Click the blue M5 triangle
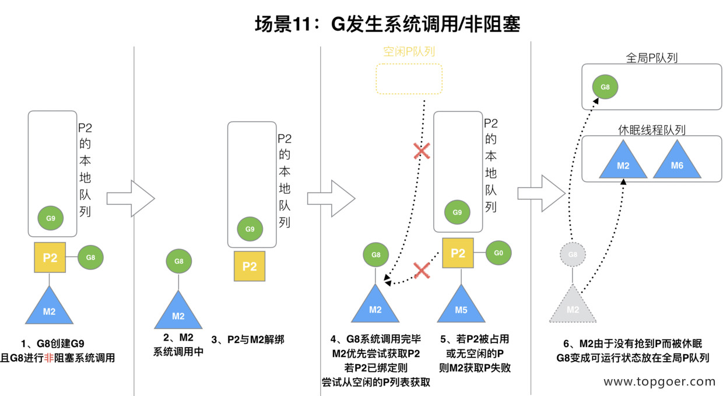tap(461, 307)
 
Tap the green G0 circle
tap(498, 253)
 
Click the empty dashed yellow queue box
tap(409, 79)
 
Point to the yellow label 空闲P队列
tap(409, 52)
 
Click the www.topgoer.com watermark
tap(659, 382)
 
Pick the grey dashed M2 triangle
tap(573, 307)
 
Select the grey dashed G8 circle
tap(573, 255)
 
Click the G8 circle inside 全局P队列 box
tap(605, 87)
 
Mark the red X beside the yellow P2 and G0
tap(422, 270)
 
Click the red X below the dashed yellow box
tap(422, 152)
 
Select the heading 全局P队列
tap(651, 58)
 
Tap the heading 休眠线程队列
tap(651, 129)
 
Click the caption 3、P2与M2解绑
tap(248, 339)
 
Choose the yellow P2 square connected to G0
tap(458, 253)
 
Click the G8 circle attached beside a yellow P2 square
tap(90, 257)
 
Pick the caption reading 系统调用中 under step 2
tap(178, 352)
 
